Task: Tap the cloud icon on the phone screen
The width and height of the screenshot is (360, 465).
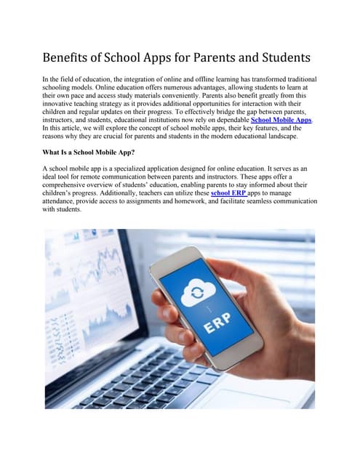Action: pos(198,291)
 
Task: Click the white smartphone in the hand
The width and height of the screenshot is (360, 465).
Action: pos(207,312)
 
